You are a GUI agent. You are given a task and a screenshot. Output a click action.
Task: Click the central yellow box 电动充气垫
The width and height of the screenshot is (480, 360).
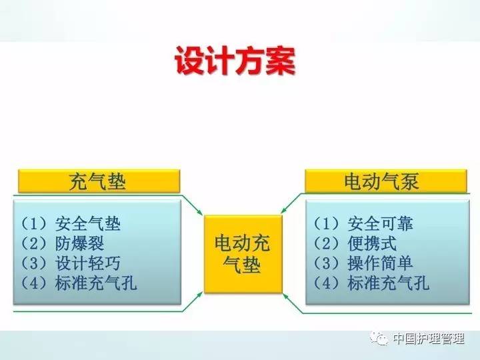242,254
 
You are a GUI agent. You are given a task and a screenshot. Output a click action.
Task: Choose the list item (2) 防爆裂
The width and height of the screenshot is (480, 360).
63,243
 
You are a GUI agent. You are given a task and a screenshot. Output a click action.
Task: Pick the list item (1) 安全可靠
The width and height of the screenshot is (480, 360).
363,223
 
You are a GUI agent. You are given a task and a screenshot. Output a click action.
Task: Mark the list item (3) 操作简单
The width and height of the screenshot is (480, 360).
363,263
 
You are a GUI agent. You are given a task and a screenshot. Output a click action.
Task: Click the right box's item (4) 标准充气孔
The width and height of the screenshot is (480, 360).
371,283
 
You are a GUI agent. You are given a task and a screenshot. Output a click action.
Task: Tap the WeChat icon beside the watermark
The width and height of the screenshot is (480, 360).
381,339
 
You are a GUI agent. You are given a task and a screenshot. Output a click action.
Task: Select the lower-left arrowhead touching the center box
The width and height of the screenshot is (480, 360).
200,294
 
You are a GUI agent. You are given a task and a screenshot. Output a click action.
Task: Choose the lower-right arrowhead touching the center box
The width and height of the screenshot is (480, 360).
286,294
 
